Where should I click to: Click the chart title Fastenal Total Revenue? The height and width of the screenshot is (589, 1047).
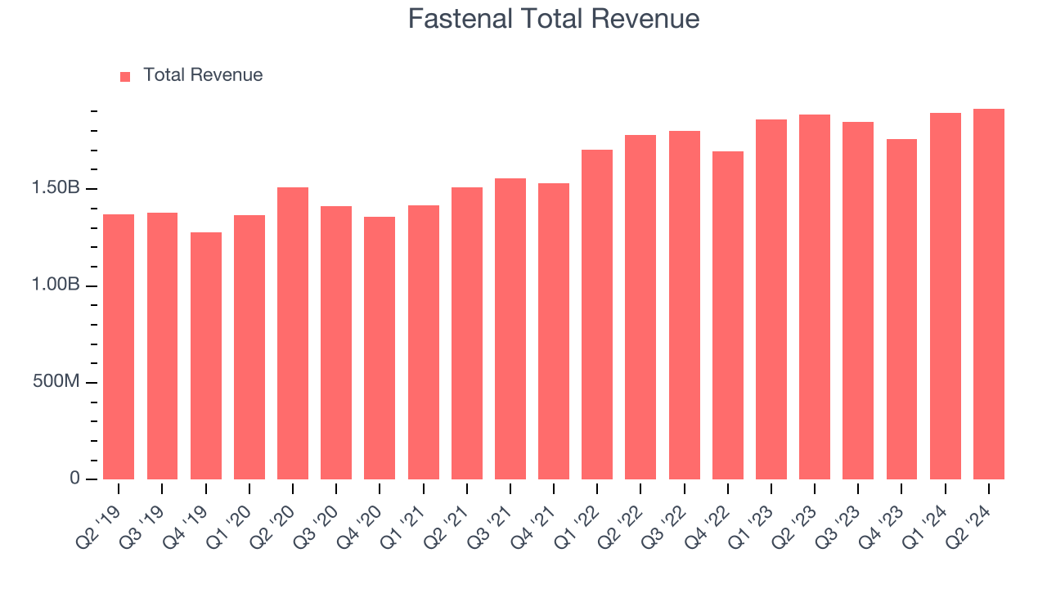554,19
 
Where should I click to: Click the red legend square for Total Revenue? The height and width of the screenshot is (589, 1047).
125,76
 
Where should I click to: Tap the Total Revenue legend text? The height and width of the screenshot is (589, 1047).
203,75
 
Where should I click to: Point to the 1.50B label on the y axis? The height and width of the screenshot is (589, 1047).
56,189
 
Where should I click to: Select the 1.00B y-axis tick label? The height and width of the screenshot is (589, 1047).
56,286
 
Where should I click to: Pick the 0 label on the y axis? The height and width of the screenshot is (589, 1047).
74,479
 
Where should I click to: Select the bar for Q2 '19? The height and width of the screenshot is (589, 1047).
119,347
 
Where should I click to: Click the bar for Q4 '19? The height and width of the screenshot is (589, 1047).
205,356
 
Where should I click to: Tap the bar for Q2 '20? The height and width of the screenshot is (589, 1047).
293,333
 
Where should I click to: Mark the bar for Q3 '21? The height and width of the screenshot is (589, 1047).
510,329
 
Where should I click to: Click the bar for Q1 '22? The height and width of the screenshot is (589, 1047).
597,314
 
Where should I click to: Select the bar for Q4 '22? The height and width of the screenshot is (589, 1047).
728,315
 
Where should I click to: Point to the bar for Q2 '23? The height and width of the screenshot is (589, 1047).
815,297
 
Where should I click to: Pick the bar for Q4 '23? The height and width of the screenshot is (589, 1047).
901,309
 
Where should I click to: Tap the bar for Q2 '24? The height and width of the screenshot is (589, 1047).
989,294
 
